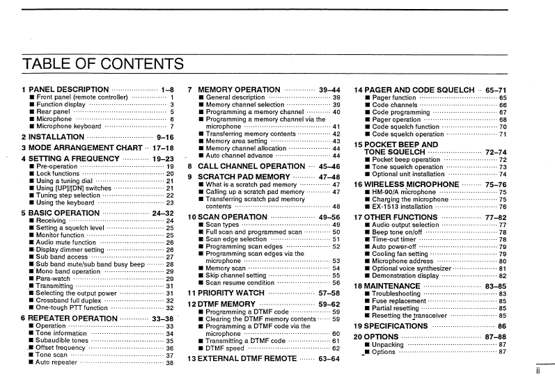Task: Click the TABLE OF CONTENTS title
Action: tap(103, 65)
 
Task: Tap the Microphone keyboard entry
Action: tap(68, 127)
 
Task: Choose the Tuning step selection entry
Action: tap(68, 195)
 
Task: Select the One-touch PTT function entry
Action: tap(72, 307)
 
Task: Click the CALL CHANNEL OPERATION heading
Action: tap(251, 166)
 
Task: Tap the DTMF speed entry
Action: tap(226, 348)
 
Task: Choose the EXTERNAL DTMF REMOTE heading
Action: tap(247, 359)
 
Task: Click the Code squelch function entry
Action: tap(406, 127)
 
